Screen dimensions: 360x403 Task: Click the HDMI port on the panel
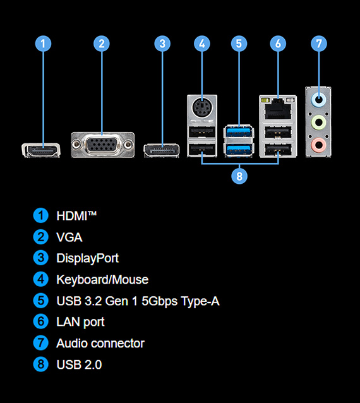[41, 150]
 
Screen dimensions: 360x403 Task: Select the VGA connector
[103, 145]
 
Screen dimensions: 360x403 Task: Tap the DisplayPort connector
[162, 150]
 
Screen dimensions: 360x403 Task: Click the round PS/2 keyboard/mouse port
[202, 108]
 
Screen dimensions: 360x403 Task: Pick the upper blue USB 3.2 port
[239, 132]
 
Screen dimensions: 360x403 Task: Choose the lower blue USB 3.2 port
[239, 149]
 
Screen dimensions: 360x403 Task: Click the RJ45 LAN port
[279, 109]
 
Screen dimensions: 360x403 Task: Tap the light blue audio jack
[318, 100]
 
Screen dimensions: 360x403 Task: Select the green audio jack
[318, 122]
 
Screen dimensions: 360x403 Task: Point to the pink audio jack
[318, 145]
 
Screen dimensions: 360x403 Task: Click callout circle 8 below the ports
[239, 176]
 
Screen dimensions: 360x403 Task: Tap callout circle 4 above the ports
[202, 44]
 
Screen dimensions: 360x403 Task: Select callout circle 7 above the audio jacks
[319, 44]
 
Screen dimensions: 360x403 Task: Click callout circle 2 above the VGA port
[102, 44]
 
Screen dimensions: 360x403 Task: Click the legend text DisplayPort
[88, 258]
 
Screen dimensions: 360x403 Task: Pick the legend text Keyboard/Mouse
[102, 280]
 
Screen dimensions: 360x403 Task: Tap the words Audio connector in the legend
[100, 344]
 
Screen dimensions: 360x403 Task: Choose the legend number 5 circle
[40, 301]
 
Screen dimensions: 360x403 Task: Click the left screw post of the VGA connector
[76, 145]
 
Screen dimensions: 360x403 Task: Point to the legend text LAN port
[80, 322]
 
